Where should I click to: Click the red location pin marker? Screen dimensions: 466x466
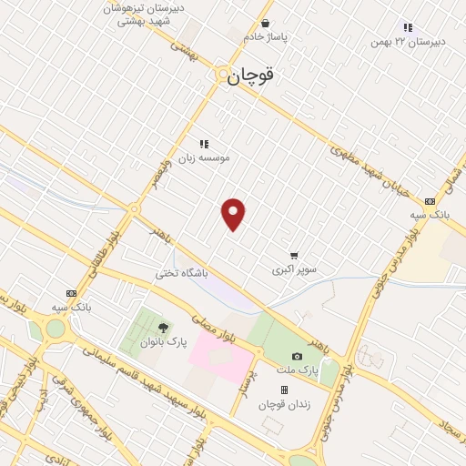[234, 214]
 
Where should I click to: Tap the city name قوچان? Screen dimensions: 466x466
[249, 77]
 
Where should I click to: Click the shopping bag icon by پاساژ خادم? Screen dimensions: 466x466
[265, 24]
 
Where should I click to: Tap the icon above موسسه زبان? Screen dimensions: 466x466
[204, 143]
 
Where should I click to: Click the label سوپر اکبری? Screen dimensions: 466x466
[294, 270]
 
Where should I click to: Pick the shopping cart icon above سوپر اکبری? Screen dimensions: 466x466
[294, 256]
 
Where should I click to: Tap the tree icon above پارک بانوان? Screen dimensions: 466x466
[164, 328]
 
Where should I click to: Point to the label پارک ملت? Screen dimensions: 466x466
[297, 371]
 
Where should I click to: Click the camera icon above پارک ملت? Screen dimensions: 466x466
[297, 356]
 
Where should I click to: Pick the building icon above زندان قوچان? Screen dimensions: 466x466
[284, 390]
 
